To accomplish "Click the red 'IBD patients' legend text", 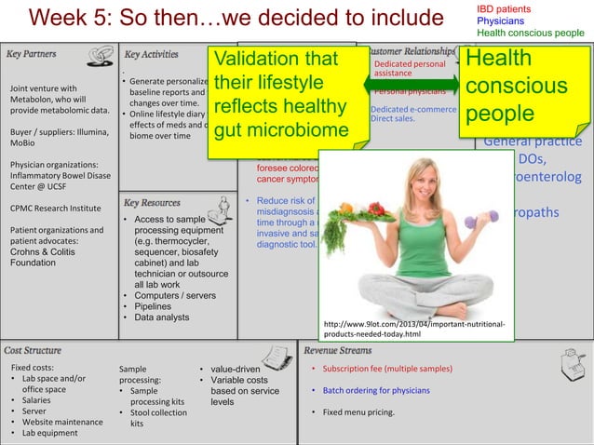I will coord(503,8).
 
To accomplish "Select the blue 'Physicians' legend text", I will coord(500,20).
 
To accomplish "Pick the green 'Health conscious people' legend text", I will coord(530,33).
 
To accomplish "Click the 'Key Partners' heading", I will coord(32,54).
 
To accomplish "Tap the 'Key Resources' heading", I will coord(152,202).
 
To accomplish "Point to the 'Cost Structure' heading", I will coord(34,350).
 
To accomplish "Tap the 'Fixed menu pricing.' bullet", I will coord(358,411).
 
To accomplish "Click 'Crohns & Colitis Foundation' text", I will coord(47,256).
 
